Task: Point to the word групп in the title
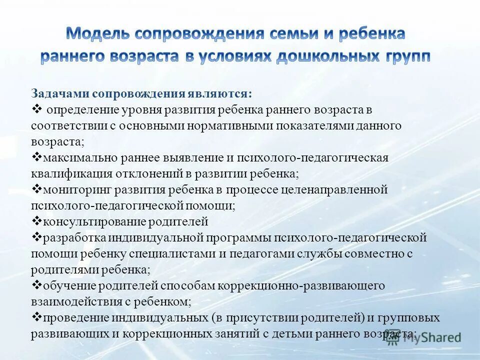[x=407, y=55]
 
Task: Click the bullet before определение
[x=36, y=108]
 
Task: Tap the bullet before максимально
[x=36, y=157]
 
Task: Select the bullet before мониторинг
[x=36, y=189]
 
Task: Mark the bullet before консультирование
[x=36, y=221]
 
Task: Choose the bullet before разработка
[x=36, y=237]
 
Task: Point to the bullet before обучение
[x=36, y=285]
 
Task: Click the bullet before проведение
[x=36, y=317]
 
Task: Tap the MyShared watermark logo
[x=425, y=337]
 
